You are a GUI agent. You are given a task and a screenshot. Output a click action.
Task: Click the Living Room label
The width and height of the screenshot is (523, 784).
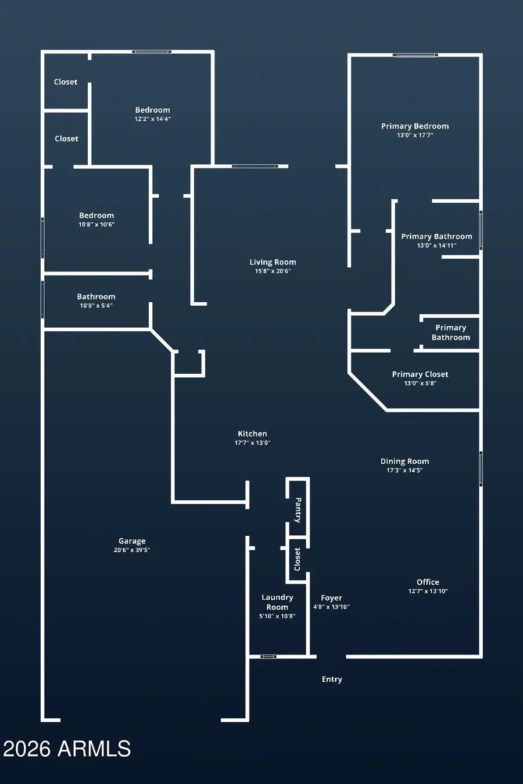[273, 262]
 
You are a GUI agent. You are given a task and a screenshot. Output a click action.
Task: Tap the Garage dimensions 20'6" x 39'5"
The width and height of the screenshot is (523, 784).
[132, 550]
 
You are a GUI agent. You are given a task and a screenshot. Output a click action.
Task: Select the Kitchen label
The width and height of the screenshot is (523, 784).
[252, 434]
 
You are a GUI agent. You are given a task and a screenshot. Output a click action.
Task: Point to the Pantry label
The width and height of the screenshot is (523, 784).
[298, 510]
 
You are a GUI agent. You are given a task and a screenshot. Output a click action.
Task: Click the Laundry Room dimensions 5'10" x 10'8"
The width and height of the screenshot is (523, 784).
[277, 616]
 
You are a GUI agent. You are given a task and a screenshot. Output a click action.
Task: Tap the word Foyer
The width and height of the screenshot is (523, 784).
[331, 598]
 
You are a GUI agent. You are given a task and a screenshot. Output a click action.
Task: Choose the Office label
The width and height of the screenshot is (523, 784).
[428, 582]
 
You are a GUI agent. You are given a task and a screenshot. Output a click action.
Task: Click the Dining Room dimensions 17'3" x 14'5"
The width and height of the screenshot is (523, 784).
[404, 470]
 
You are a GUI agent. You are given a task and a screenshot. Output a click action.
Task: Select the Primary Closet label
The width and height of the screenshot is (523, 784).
[420, 374]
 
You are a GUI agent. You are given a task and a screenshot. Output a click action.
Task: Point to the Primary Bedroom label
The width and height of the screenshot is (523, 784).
[415, 126]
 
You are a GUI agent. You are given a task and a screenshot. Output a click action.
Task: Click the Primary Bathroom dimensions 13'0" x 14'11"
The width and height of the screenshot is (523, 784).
[436, 245]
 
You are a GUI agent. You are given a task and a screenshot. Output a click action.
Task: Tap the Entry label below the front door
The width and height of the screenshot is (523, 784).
[332, 679]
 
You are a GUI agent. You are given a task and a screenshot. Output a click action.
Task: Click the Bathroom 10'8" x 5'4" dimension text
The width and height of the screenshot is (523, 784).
[96, 306]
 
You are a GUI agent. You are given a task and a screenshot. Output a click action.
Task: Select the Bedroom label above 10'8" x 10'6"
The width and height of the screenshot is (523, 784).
[96, 215]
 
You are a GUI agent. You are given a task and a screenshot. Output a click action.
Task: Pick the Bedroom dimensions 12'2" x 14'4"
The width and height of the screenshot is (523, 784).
[153, 119]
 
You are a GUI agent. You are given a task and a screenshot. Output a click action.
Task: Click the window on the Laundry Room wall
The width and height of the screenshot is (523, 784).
[268, 657]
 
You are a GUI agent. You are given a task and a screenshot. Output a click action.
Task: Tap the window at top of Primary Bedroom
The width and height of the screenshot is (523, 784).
[415, 55]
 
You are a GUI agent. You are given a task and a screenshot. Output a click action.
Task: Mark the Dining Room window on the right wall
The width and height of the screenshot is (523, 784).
[481, 468]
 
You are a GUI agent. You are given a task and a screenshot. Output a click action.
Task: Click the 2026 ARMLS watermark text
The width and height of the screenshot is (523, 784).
[67, 749]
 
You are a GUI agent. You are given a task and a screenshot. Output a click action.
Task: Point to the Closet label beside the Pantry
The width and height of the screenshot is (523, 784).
[297, 559]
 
